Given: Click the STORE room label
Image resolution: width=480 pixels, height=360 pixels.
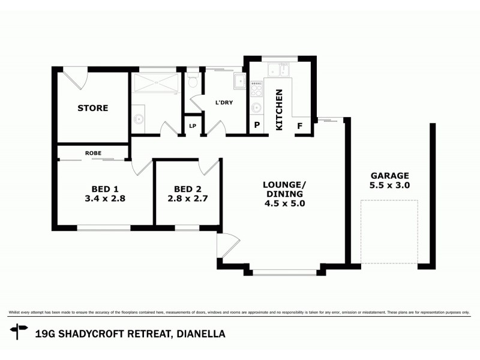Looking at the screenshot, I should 93,109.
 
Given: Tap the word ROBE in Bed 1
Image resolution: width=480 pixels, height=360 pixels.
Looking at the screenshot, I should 93,153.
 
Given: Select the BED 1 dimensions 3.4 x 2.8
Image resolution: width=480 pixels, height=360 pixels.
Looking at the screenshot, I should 92,198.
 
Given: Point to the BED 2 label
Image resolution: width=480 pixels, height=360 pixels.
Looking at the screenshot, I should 187,188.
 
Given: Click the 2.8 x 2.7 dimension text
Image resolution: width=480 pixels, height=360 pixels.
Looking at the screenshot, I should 187,198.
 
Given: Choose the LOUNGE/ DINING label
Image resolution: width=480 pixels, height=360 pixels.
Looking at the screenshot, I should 285,188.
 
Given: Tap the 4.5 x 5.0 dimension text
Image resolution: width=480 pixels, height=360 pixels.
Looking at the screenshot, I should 285,203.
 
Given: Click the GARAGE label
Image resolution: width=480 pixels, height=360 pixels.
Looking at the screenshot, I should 389,176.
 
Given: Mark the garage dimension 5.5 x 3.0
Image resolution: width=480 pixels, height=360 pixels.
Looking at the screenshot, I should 389,185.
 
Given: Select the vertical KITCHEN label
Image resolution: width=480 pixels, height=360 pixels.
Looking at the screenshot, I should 278,110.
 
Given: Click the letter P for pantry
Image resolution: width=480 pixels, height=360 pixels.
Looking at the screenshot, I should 257,126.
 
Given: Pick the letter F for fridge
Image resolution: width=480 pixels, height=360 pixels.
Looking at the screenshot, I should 301,126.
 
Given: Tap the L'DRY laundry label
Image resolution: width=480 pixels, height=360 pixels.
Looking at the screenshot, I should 224,102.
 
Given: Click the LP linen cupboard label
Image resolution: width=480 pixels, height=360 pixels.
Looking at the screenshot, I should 193,126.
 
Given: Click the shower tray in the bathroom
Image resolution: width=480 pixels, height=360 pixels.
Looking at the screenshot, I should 155,83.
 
